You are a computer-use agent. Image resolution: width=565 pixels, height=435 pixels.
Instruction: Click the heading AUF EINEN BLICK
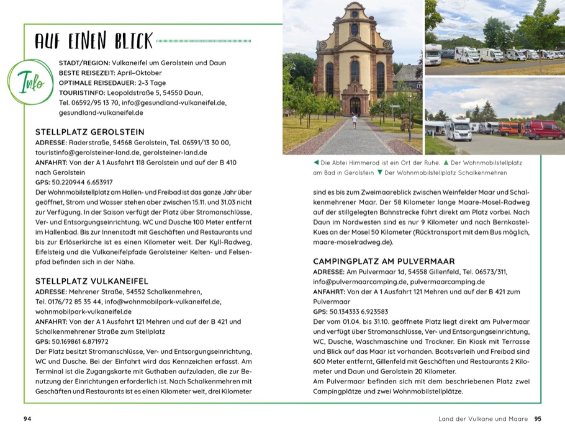pos(94,42)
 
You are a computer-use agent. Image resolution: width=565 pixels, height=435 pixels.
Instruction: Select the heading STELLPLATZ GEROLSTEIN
pos(90,132)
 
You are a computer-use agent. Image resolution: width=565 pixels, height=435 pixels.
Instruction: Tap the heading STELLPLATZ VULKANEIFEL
pos(92,281)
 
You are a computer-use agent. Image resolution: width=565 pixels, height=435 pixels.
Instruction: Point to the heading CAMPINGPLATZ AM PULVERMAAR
pos(384,261)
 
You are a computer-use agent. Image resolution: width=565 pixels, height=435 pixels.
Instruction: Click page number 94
pos(27,419)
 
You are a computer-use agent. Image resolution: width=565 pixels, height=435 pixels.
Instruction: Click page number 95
pos(538,419)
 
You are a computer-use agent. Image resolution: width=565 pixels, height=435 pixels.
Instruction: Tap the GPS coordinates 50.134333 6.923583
pos(359,312)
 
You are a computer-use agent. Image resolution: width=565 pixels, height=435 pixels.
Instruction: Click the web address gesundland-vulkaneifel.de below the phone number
pos(101,113)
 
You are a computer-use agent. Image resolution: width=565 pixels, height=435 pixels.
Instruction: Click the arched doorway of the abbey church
pos(355,105)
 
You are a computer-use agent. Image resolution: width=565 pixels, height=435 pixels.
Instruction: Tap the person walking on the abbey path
pos(355,121)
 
